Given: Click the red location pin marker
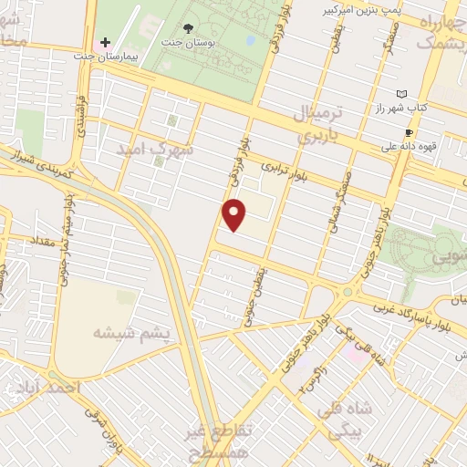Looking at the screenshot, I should tap(235, 215).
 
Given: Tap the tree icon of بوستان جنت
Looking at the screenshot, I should tap(189, 29).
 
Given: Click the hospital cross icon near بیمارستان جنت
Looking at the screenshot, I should tap(106, 43).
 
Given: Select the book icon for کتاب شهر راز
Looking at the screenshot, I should tap(401, 94).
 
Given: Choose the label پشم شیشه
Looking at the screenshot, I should tap(131, 334).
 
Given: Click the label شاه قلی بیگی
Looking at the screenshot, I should tap(360, 415).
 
